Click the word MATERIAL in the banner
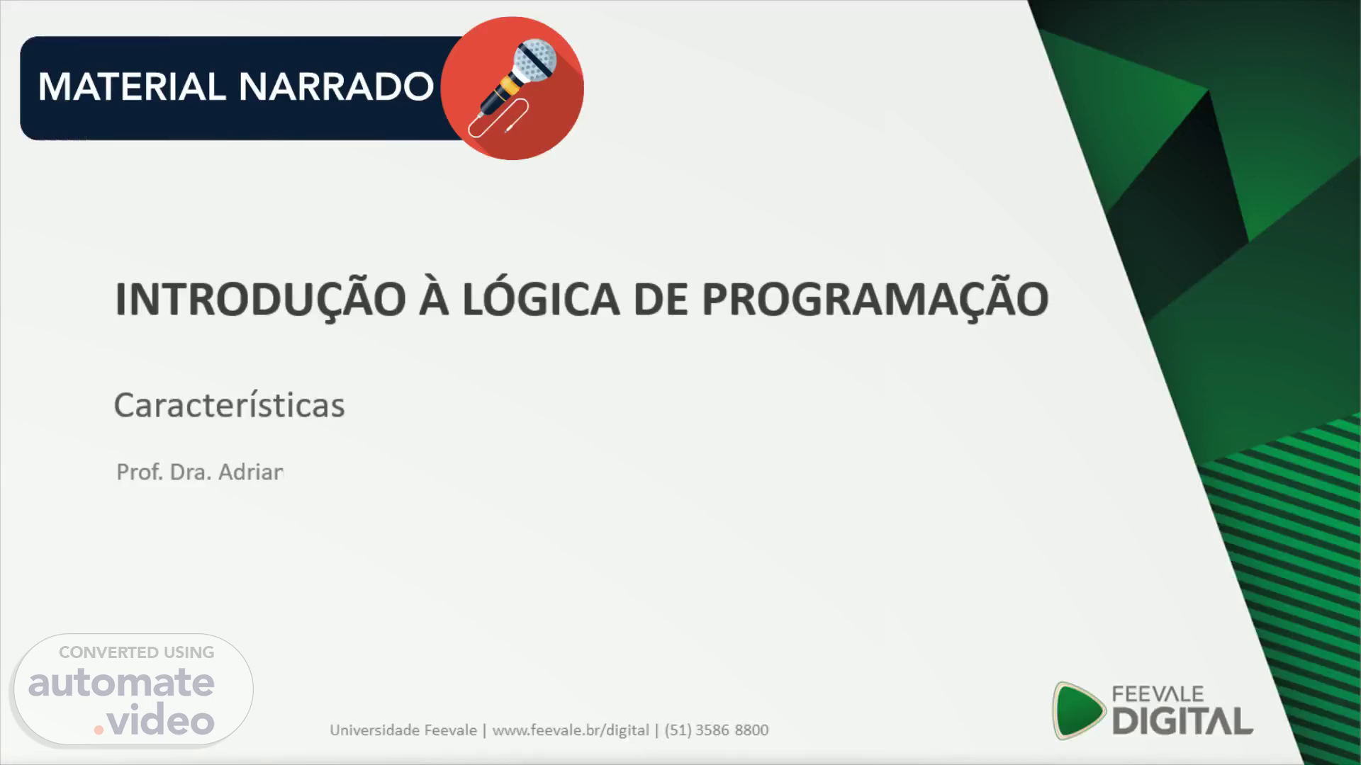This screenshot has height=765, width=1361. tap(132, 87)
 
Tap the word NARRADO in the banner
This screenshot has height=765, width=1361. tap(336, 87)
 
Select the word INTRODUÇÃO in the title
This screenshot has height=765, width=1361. tap(261, 299)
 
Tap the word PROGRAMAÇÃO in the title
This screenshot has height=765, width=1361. tap(875, 299)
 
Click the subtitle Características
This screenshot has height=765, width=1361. tap(230, 405)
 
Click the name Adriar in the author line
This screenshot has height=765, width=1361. tap(251, 472)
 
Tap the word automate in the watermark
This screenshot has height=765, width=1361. tap(121, 683)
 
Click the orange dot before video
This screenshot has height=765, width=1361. tap(99, 729)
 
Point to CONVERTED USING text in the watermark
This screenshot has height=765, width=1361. tap(136, 652)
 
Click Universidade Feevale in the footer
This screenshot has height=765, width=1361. tap(403, 730)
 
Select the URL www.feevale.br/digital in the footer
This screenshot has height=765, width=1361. tap(571, 730)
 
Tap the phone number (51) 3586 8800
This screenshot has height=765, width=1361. tap(717, 730)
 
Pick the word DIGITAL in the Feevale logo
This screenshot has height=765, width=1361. tap(1182, 721)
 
